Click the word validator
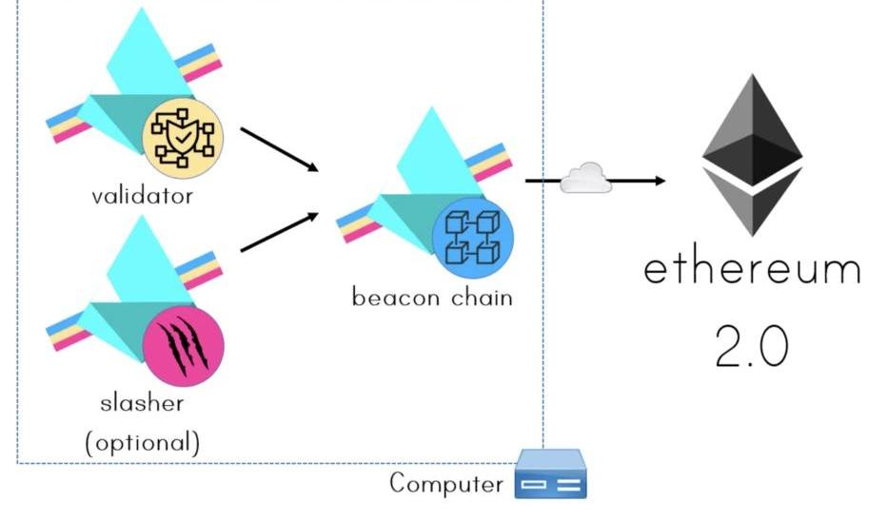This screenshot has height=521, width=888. click(142, 197)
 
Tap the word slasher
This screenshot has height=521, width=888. click(142, 402)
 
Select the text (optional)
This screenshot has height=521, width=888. click(142, 442)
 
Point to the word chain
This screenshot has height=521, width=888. click(480, 297)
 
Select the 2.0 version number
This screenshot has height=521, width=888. click(751, 347)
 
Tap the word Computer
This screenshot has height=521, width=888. click(445, 483)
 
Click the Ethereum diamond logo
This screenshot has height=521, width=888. click(752, 152)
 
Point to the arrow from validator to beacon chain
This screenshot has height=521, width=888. click(279, 149)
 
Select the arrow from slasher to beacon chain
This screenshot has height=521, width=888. click(279, 233)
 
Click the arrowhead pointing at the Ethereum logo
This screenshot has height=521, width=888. click(659, 179)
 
